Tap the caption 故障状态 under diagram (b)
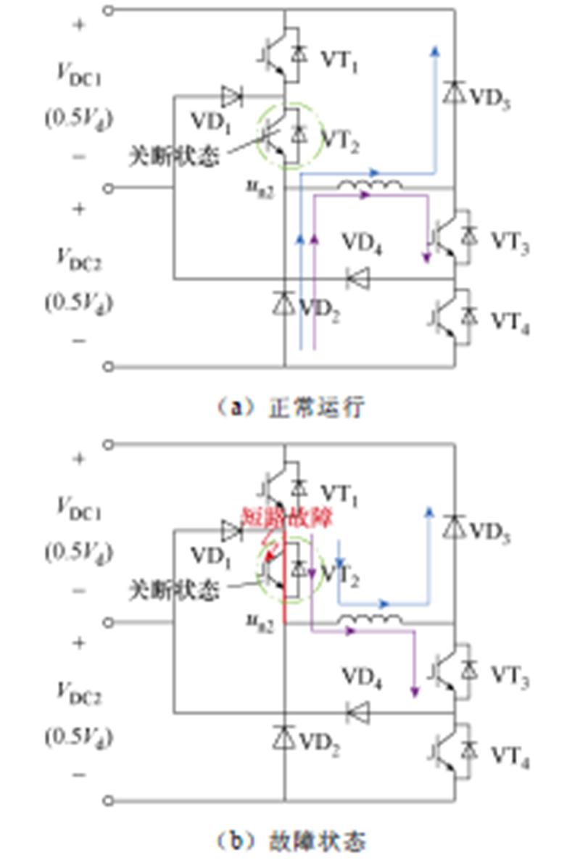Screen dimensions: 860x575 click(x=316, y=841)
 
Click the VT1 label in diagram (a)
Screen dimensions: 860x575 click(x=340, y=61)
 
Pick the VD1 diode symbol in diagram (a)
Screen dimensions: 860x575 click(x=232, y=95)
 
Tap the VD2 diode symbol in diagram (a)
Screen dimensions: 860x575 click(x=284, y=303)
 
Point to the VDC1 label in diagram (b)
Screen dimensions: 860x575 click(x=79, y=508)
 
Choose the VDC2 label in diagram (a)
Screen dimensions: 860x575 click(x=79, y=259)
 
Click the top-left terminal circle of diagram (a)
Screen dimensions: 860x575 click(x=109, y=10)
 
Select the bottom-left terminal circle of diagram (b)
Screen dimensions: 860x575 click(x=109, y=800)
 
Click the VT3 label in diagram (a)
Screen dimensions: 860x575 click(x=510, y=243)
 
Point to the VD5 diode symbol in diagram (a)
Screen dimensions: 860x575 click(x=455, y=92)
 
